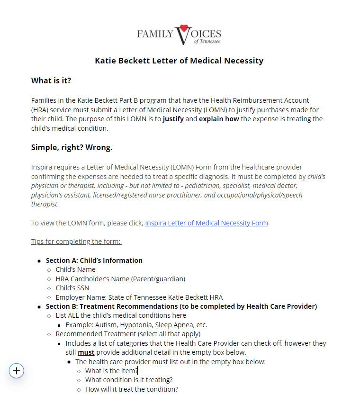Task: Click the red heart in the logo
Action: point(184,28)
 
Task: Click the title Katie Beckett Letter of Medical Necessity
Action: point(179,61)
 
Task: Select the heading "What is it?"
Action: point(51,81)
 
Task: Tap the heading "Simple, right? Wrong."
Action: point(72,147)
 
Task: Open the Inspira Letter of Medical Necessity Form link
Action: point(206,223)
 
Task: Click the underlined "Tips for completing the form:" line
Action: point(76,242)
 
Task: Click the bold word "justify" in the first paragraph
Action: point(173,119)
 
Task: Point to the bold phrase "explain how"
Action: point(219,119)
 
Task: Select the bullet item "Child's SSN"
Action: point(72,288)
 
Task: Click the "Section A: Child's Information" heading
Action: point(94,260)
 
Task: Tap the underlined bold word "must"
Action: point(86,352)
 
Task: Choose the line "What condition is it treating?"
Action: point(129,380)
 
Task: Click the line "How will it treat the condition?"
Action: point(132,389)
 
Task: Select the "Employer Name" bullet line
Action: point(139,297)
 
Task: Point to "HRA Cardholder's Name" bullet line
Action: point(120,279)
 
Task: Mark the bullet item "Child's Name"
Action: point(75,269)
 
